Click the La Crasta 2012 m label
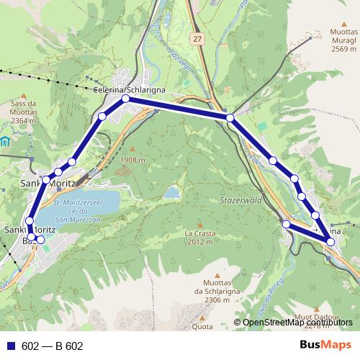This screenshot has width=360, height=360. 199,238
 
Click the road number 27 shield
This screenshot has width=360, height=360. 197,36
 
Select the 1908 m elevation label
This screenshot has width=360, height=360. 135,160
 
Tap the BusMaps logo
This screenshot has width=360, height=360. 325,345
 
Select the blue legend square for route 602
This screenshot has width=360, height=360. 10,346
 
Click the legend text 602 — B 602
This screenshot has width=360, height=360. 53,346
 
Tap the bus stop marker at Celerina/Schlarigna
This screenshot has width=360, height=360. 125,99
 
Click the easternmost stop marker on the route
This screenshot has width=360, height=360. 330,241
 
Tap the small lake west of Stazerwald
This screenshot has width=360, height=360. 172,193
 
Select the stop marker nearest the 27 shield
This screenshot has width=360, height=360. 230,117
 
